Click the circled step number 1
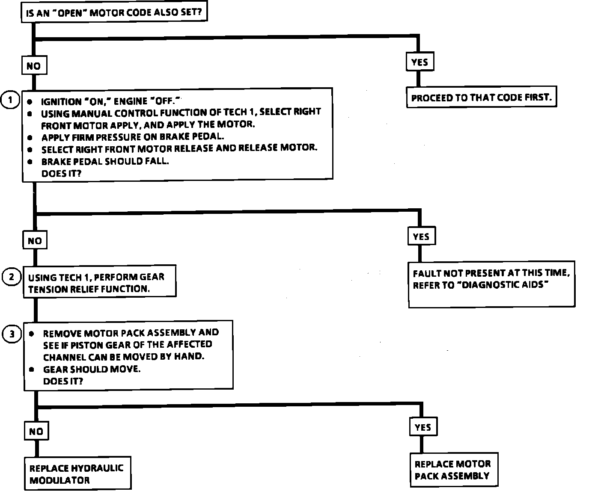(x=10, y=101)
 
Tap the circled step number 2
(x=12, y=277)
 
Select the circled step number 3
(x=12, y=334)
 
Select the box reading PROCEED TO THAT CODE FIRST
(x=481, y=98)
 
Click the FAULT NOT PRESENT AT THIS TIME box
(x=491, y=284)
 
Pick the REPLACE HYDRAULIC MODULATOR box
(x=77, y=473)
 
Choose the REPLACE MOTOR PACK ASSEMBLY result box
(x=454, y=470)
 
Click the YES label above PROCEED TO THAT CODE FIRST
(x=419, y=62)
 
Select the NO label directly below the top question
(x=33, y=66)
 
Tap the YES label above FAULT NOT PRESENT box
(x=421, y=237)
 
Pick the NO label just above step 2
(x=35, y=241)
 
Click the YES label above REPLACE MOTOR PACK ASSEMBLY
(x=423, y=427)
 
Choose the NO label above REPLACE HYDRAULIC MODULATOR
(x=36, y=431)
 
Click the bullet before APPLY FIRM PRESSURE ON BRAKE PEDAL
(x=30, y=138)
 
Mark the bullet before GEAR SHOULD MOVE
(x=32, y=369)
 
